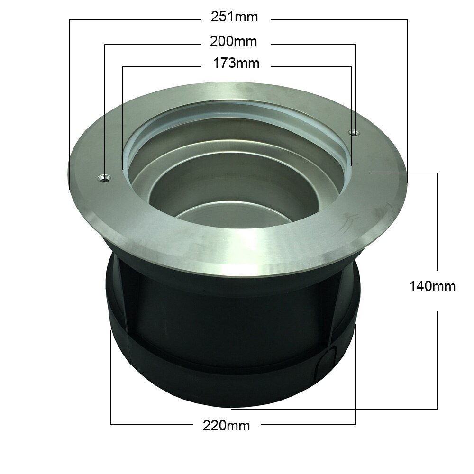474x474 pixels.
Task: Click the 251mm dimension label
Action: point(234,17)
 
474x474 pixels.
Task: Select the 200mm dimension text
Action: point(233,41)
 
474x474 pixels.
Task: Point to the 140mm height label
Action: point(432,286)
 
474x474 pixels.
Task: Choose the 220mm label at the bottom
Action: point(226,425)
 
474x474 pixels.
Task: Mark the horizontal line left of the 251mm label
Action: point(133,19)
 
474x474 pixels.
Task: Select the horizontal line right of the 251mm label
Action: point(339,19)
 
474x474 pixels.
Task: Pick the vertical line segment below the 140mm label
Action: point(437,360)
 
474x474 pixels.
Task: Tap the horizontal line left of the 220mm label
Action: point(152,425)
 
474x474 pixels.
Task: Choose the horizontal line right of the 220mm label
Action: point(308,425)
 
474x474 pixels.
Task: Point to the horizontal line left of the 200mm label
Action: point(152,44)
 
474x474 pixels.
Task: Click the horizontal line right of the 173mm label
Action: point(310,66)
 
